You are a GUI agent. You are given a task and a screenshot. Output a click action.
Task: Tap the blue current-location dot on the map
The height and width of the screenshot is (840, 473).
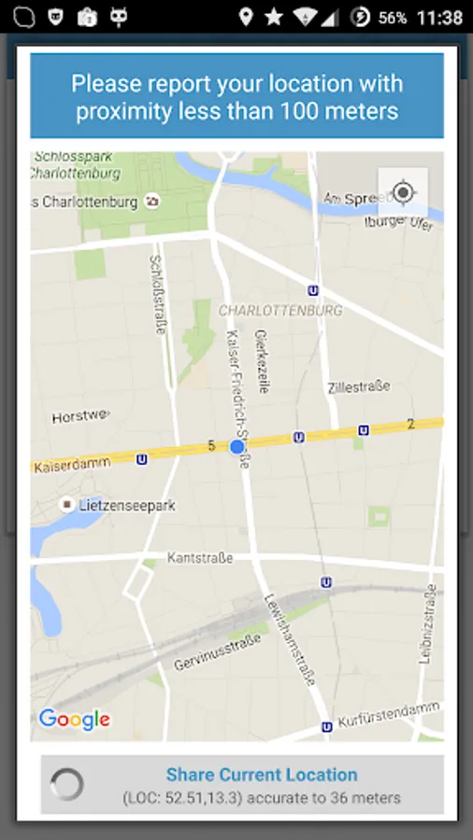[237, 447]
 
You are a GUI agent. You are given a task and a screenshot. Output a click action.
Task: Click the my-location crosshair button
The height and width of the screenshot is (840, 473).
[403, 193]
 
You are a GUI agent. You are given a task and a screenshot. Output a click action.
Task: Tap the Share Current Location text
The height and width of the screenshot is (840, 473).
[262, 775]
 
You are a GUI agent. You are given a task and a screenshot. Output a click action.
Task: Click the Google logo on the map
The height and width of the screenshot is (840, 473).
[74, 719]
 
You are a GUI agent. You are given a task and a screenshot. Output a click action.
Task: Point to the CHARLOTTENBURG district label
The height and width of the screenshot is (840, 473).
[280, 310]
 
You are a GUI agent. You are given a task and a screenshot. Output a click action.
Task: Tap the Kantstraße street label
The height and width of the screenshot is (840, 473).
[199, 558]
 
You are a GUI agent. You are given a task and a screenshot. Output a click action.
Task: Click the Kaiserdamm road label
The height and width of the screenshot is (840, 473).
[76, 461]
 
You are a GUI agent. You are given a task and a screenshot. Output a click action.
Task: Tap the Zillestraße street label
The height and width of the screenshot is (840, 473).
[359, 386]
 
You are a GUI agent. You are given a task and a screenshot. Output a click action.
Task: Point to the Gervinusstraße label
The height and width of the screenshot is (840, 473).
[217, 651]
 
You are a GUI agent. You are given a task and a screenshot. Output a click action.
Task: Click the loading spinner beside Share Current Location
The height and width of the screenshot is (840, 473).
[67, 785]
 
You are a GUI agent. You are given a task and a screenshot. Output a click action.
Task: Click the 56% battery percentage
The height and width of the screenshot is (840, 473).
[393, 18]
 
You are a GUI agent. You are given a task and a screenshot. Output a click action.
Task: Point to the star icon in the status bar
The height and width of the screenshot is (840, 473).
[274, 17]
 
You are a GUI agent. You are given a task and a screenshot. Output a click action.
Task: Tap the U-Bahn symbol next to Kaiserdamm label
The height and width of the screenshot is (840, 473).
[141, 459]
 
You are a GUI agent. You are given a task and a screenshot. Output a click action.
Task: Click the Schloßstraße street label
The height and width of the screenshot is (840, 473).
[156, 295]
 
